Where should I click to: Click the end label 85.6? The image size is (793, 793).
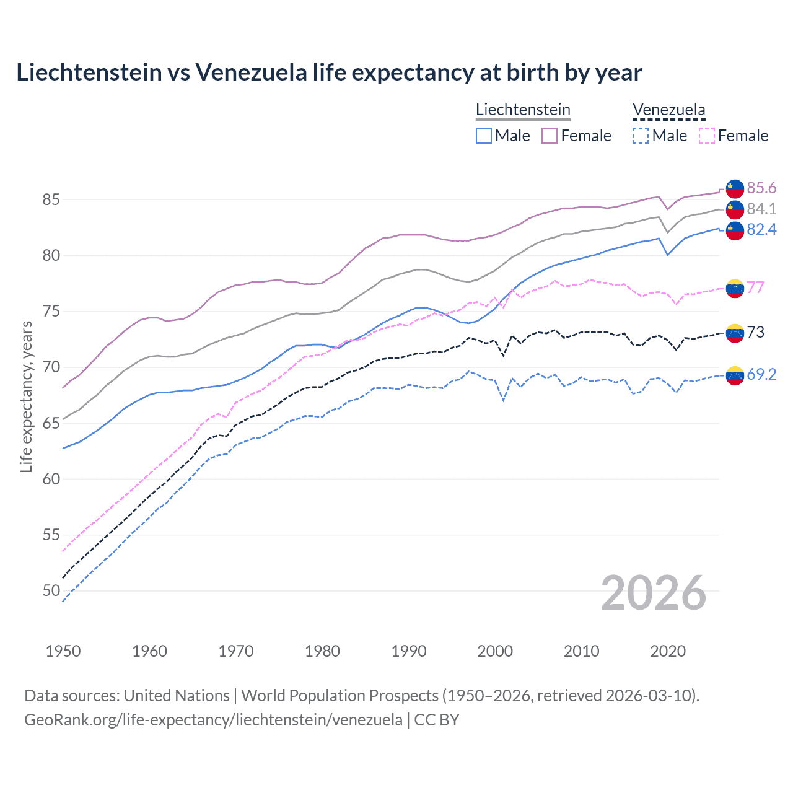point(761,188)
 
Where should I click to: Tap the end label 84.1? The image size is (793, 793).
point(761,209)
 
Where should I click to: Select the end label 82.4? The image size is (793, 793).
point(761,230)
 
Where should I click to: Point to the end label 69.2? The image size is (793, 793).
point(761,374)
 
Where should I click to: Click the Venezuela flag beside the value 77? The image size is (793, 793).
point(735,288)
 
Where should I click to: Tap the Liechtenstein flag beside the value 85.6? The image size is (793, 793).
point(735,188)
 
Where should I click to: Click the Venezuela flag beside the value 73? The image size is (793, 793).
point(735,333)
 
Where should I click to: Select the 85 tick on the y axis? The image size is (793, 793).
point(51,199)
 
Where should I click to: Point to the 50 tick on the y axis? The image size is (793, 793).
point(51,590)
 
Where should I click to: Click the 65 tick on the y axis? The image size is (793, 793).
point(51,423)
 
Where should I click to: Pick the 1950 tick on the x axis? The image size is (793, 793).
point(63,651)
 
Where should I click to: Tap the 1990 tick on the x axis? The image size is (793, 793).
point(409,651)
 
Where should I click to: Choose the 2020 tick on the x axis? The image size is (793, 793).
point(668,651)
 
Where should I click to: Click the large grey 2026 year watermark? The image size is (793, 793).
point(653,593)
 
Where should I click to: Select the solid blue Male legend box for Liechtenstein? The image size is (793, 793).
point(484,136)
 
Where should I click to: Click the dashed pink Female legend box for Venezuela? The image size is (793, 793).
point(706,136)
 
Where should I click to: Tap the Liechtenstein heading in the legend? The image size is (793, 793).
point(523,110)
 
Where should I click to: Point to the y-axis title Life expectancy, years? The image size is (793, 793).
point(26,396)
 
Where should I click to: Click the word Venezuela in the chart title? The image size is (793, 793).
point(251,72)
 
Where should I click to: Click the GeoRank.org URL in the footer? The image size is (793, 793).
point(213,720)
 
